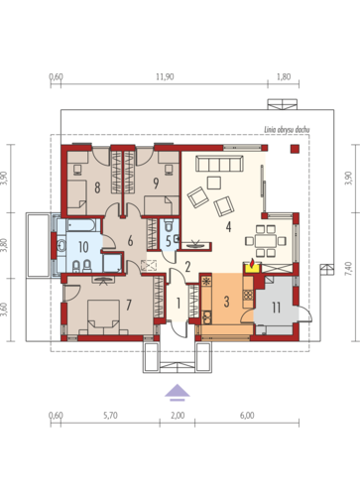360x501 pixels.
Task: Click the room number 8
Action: [97, 188]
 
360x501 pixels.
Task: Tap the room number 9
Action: [156, 184]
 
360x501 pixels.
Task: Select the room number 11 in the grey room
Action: [276, 308]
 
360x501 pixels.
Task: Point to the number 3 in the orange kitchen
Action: [226, 302]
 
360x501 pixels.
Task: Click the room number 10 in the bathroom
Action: [83, 247]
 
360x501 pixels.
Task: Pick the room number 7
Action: [129, 305]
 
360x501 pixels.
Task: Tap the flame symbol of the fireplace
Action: [252, 263]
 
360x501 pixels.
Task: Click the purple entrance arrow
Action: [178, 392]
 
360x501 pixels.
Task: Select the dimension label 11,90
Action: [165, 77]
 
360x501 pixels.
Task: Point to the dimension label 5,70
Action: [110, 416]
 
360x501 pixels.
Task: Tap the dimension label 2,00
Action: [178, 416]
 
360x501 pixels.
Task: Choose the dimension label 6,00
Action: [247, 416]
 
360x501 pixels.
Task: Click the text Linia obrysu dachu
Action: [287, 130]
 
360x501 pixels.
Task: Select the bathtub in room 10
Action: [81, 225]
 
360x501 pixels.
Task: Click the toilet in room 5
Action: [169, 226]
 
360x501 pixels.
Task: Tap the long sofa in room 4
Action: [220, 164]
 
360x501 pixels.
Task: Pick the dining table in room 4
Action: [266, 241]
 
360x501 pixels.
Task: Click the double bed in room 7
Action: [103, 316]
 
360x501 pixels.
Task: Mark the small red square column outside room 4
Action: [295, 149]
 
